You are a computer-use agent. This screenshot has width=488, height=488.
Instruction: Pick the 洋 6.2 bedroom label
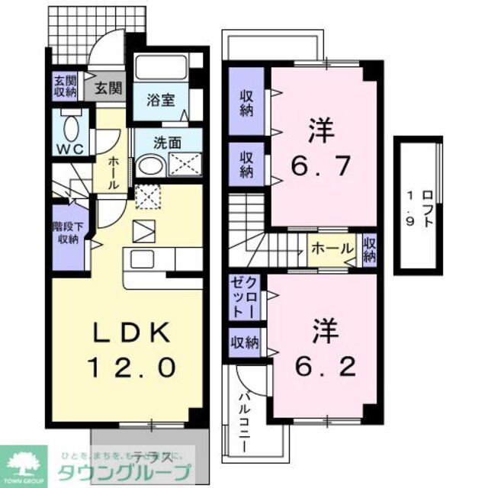pos(319,349)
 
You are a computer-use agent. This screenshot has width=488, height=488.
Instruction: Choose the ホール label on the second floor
pos(332,249)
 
